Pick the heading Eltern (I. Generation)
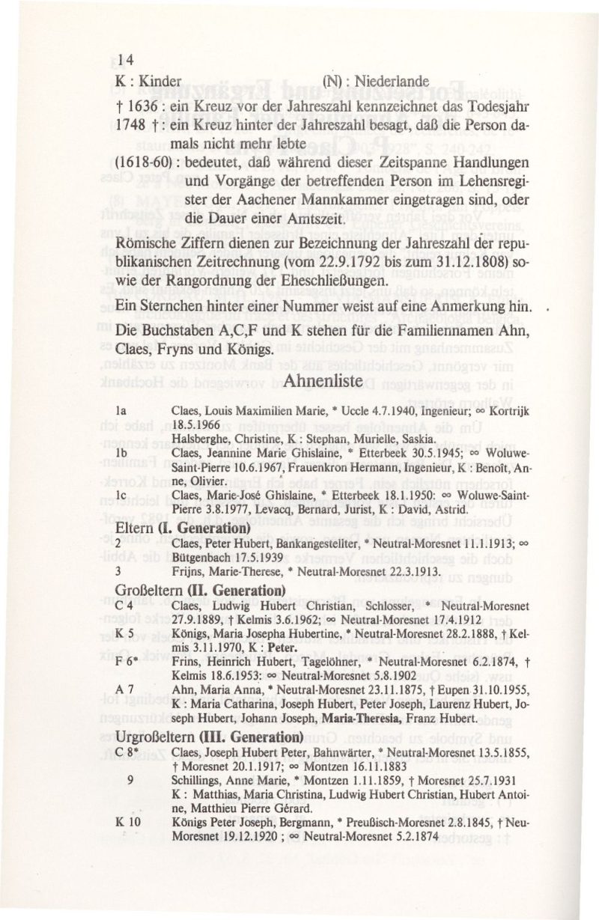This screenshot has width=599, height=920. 162,527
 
